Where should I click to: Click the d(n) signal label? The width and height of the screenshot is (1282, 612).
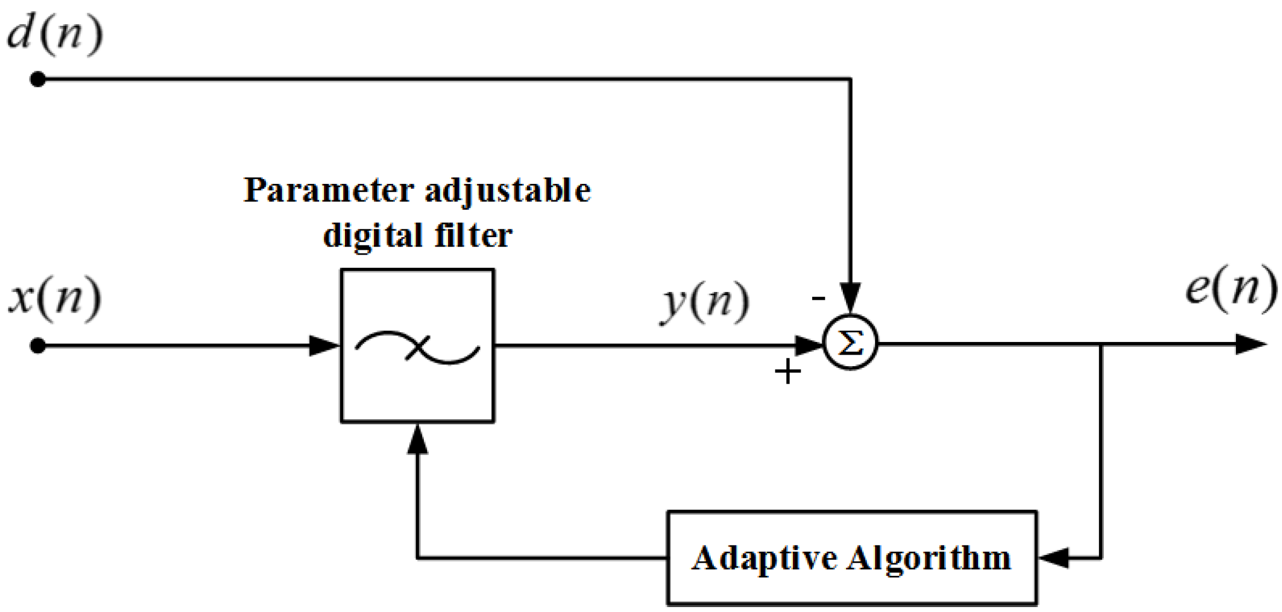click(55, 34)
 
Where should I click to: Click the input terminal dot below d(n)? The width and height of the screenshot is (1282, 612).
click(37, 80)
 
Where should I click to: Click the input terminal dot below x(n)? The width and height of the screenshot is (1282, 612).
click(37, 346)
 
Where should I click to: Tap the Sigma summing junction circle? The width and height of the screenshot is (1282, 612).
click(850, 344)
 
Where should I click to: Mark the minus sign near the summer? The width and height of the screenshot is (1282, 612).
click(818, 298)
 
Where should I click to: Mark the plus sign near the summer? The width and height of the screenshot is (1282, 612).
click(788, 372)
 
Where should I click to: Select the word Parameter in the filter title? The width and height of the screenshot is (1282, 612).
click(328, 190)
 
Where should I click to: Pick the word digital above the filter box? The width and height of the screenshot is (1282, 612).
click(372, 236)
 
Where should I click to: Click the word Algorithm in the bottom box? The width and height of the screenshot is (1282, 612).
click(928, 559)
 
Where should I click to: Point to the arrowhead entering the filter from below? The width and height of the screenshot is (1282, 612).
click(417, 440)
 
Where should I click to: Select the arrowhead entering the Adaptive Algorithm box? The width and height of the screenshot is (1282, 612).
click(1053, 558)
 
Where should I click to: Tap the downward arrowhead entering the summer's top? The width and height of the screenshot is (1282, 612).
click(850, 298)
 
